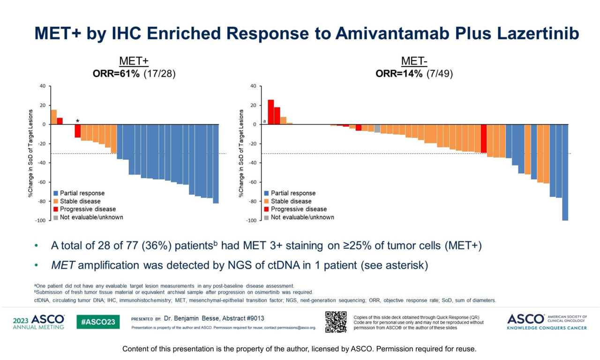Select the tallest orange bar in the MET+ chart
pos(53,117)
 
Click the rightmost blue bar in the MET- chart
pos(565,172)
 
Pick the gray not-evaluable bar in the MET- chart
pos(377,128)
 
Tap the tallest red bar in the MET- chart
pos(270,112)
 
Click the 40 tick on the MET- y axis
pos(253,86)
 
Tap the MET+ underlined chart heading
pos(134,61)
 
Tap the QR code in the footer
pos(336,322)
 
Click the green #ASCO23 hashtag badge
pos(98,322)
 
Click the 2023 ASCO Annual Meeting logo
pos(38,322)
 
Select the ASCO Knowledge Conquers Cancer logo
pos(547,322)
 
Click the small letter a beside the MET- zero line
pos(265,121)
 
